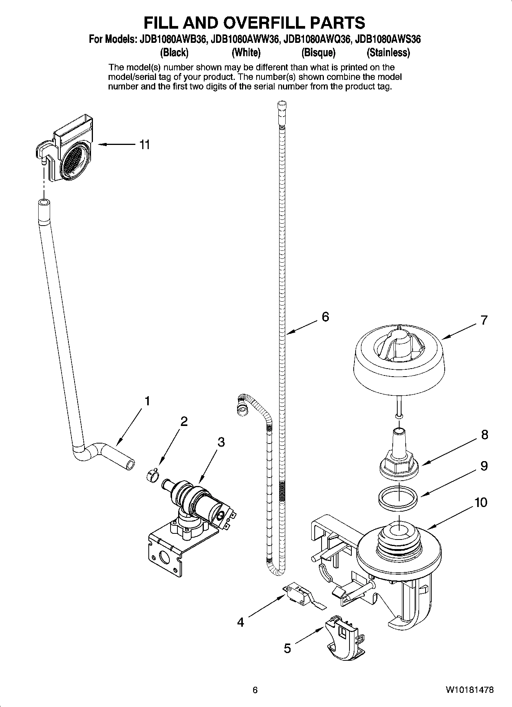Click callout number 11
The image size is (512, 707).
pyautogui.click(x=145, y=145)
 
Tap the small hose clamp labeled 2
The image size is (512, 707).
pyautogui.click(x=152, y=476)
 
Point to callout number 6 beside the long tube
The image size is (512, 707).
pyautogui.click(x=325, y=317)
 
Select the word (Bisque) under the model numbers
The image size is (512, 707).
pyautogui.click(x=318, y=52)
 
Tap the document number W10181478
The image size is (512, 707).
pyautogui.click(x=469, y=690)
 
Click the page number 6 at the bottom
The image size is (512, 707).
pyautogui.click(x=255, y=690)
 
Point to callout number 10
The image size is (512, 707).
pyautogui.click(x=481, y=502)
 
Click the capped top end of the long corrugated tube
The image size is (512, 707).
pyautogui.click(x=281, y=105)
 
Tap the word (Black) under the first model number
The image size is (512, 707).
pyautogui.click(x=174, y=52)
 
